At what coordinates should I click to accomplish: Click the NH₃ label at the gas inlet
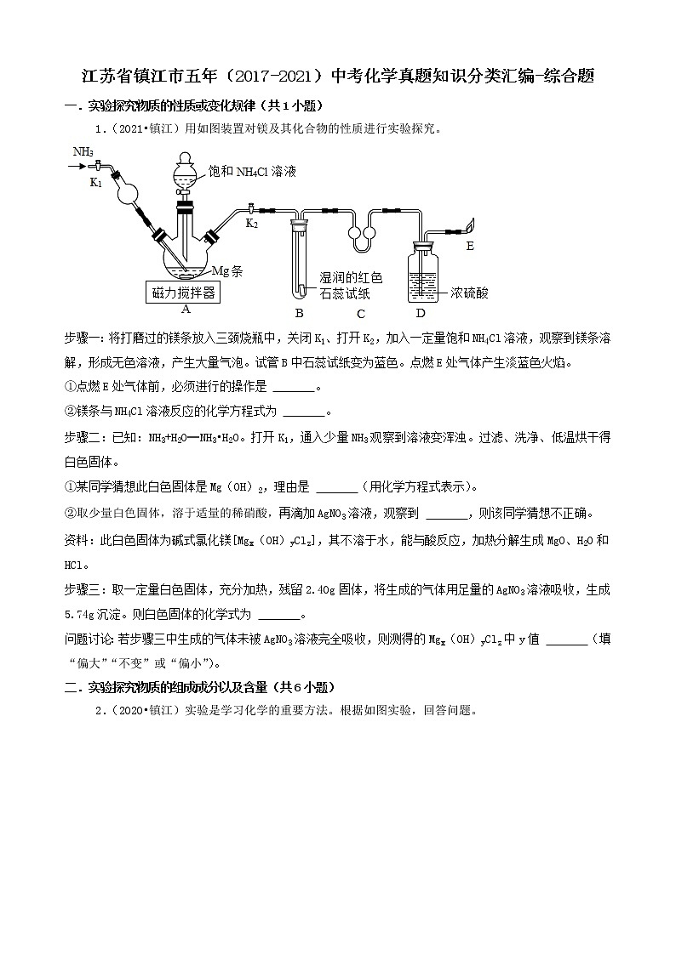pyautogui.click(x=83, y=151)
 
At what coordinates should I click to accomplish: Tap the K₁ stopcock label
pyautogui.click(x=96, y=182)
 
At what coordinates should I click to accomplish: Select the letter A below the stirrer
pyautogui.click(x=185, y=310)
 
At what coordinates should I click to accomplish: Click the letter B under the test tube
pyautogui.click(x=299, y=311)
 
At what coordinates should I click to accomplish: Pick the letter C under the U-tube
pyautogui.click(x=361, y=311)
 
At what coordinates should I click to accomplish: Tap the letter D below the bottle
pyautogui.click(x=420, y=311)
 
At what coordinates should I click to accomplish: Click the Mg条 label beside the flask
pyautogui.click(x=226, y=271)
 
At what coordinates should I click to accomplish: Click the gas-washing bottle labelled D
pyautogui.click(x=420, y=272)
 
